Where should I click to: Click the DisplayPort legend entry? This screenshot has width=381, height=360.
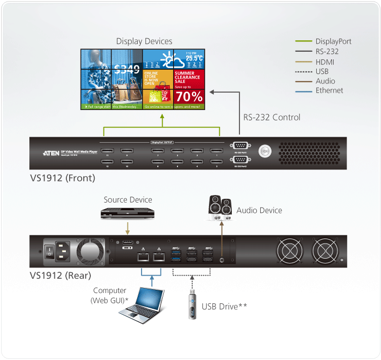(x=333, y=41)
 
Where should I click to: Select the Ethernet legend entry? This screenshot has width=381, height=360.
(x=329, y=90)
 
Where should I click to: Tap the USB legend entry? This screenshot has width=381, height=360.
(x=323, y=71)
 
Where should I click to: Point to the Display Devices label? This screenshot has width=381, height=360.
(x=144, y=41)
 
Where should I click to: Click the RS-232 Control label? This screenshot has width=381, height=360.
(x=272, y=117)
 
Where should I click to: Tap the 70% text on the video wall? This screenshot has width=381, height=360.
(x=189, y=97)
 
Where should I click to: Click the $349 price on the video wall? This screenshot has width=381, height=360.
(x=127, y=70)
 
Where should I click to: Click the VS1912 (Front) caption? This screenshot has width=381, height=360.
(x=62, y=178)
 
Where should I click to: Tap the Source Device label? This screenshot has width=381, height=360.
(x=128, y=200)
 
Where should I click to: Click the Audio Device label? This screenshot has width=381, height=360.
(x=259, y=210)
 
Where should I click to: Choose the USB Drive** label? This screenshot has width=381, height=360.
(x=224, y=307)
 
